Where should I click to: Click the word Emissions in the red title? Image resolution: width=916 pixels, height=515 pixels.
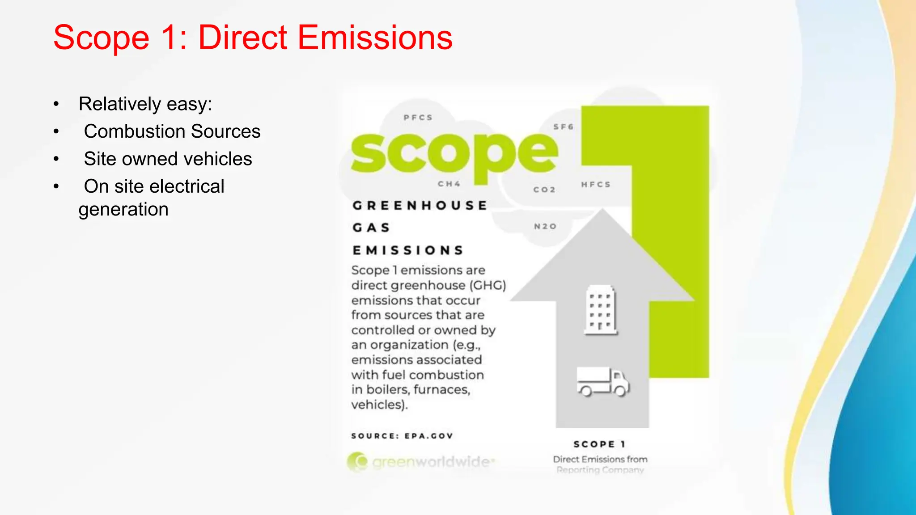(375, 38)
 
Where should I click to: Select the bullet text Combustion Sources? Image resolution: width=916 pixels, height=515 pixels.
(172, 131)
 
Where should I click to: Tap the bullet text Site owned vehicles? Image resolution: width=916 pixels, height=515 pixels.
(168, 159)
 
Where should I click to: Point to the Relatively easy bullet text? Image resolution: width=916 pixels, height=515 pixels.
(145, 104)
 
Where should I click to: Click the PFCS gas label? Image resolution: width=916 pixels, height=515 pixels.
(418, 118)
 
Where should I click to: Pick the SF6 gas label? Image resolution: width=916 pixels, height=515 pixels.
(563, 127)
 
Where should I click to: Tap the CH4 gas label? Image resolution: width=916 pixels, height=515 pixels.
(449, 184)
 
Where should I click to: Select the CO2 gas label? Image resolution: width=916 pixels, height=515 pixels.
(544, 190)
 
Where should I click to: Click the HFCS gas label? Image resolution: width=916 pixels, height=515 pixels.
(596, 185)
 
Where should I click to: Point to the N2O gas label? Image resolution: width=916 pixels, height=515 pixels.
(545, 227)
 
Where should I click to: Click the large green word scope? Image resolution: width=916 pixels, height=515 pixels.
(454, 154)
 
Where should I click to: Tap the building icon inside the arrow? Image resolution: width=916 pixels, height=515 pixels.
(601, 310)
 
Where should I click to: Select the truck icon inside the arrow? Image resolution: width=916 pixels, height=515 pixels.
(603, 382)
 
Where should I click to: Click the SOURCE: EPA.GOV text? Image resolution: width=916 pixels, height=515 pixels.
(402, 436)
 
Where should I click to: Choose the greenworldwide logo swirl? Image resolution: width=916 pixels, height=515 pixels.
(357, 462)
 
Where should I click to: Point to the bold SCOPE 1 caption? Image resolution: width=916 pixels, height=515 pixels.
(600, 444)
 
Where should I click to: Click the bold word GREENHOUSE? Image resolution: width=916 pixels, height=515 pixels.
(420, 206)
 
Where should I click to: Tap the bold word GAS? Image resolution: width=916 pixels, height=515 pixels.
(371, 228)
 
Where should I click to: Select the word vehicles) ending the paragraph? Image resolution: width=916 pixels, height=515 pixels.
(379, 405)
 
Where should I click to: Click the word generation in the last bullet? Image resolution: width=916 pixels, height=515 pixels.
(123, 210)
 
